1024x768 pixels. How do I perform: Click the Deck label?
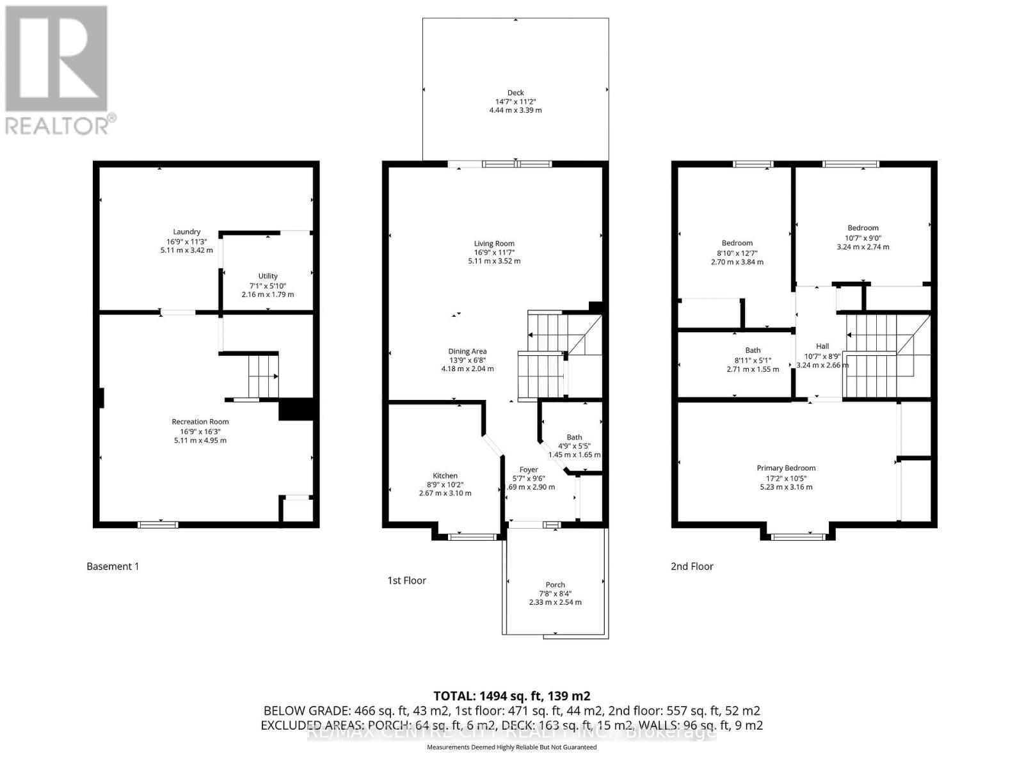coord(515,93)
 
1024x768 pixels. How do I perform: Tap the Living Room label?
coord(493,243)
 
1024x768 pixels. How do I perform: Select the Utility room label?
coord(268,276)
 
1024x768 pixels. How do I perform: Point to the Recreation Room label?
coord(200,422)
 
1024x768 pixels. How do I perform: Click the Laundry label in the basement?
coord(186,232)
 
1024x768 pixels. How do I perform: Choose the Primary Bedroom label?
coord(785,468)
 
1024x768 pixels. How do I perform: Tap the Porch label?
coord(555,585)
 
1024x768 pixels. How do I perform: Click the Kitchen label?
coord(445,476)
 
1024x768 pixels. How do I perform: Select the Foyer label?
coord(529,470)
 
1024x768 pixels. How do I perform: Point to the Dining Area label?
coord(467,351)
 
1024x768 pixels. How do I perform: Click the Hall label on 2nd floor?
coord(822,346)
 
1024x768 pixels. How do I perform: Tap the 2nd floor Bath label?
coord(753,350)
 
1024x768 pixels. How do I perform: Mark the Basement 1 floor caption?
coord(113,566)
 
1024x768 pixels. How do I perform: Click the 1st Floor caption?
coord(406,580)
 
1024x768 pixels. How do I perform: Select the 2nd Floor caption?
coord(692,566)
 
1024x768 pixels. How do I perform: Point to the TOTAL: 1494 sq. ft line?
coord(511,696)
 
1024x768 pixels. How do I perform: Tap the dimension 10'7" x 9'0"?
coord(863,237)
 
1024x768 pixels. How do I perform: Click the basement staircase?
coord(263,376)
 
